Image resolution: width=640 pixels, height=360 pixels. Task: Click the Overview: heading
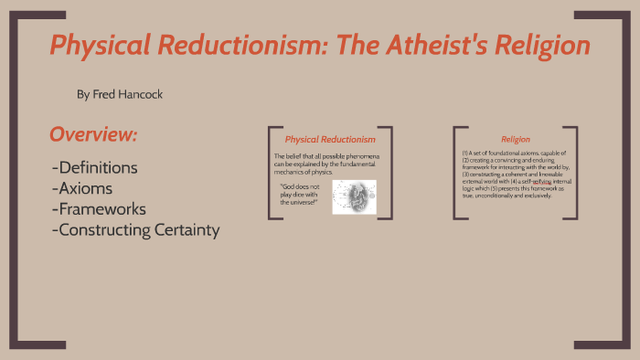pyautogui.click(x=93, y=135)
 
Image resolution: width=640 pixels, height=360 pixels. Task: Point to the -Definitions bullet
pyautogui.click(x=95, y=168)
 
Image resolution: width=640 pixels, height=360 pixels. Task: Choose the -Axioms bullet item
pyautogui.click(x=83, y=188)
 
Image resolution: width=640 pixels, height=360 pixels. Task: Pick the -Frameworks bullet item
pyautogui.click(x=101, y=209)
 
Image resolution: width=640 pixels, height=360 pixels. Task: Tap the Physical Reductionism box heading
pyautogui.click(x=330, y=139)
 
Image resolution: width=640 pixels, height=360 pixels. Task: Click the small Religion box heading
pyautogui.click(x=516, y=139)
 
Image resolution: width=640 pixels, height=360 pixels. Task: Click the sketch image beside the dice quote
pyautogui.click(x=353, y=196)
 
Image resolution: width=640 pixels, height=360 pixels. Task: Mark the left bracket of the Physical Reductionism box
pyautogui.click(x=271, y=173)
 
